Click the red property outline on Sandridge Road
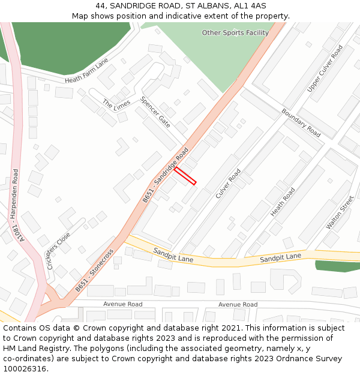click(x=185, y=176)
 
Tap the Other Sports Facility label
click(x=235, y=33)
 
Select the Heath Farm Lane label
click(x=87, y=71)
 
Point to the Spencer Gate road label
click(x=155, y=112)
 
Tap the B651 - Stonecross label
click(x=95, y=271)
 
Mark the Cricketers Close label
click(x=58, y=251)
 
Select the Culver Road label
click(x=228, y=183)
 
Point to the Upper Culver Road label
click(x=325, y=68)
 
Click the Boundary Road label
click(x=301, y=122)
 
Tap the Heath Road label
click(x=283, y=202)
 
